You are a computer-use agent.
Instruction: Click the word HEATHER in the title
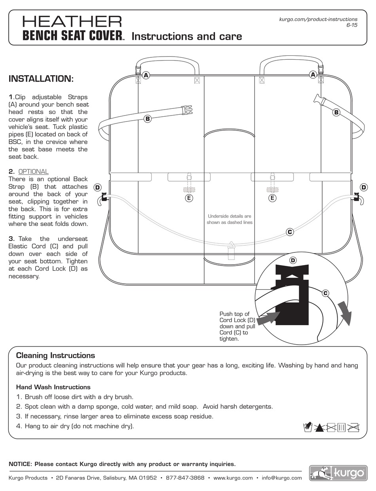click(x=72, y=22)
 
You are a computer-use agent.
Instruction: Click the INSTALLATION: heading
click(x=41, y=79)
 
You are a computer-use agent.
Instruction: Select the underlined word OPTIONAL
click(x=34, y=172)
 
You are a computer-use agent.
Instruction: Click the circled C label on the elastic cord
click(x=290, y=232)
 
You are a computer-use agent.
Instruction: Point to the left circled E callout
click(x=189, y=198)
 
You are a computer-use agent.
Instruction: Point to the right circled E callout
click(x=272, y=198)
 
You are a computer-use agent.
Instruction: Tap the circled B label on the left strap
click(x=148, y=118)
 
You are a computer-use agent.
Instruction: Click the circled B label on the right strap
click(x=336, y=112)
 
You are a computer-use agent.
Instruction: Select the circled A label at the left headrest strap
click(x=146, y=75)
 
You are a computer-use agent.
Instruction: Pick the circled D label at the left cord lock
click(x=97, y=187)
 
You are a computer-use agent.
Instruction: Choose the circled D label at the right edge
click(x=364, y=187)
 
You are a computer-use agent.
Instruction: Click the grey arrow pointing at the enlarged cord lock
click(x=269, y=317)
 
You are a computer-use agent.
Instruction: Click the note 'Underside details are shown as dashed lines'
click(x=229, y=219)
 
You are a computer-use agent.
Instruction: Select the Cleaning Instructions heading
click(x=55, y=355)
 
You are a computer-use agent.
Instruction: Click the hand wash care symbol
click(x=308, y=427)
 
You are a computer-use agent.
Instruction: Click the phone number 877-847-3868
click(x=185, y=478)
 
